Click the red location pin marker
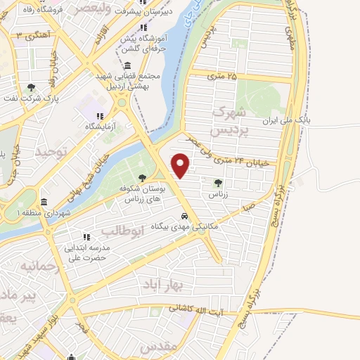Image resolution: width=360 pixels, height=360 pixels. pyautogui.click(x=181, y=165)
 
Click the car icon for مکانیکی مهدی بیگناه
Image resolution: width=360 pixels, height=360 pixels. pyautogui.click(x=184, y=216)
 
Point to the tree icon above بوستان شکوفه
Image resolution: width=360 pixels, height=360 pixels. pyautogui.click(x=143, y=178)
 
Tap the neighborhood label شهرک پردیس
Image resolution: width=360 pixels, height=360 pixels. pyautogui.click(x=230, y=122)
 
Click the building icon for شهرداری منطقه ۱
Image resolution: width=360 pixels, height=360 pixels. pyautogui.click(x=44, y=202)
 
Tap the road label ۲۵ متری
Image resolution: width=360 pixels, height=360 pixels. pyautogui.click(x=222, y=75)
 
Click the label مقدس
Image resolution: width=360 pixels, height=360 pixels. pyautogui.click(x=156, y=347)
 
